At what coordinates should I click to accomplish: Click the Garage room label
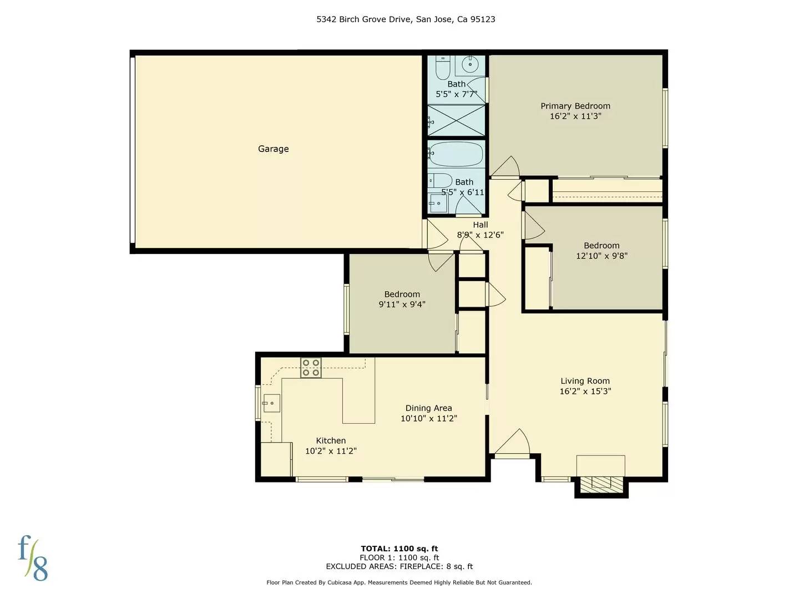click(x=273, y=149)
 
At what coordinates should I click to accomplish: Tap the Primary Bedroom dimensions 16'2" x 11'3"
click(x=575, y=116)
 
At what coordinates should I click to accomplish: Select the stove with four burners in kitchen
click(x=311, y=368)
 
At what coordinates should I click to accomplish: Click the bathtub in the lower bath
click(x=456, y=154)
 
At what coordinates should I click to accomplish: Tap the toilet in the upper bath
click(x=442, y=68)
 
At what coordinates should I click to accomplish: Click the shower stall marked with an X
click(x=456, y=120)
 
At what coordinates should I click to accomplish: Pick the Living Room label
click(x=585, y=381)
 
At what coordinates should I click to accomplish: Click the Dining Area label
click(x=428, y=408)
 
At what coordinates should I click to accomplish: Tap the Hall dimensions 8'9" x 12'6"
click(x=480, y=235)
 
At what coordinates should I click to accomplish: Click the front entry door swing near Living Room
click(x=513, y=443)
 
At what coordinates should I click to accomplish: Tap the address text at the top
click(x=406, y=19)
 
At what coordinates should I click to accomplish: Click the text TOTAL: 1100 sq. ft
click(x=399, y=549)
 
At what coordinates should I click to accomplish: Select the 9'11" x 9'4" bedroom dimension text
click(x=402, y=304)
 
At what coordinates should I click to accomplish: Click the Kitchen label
click(x=331, y=440)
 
